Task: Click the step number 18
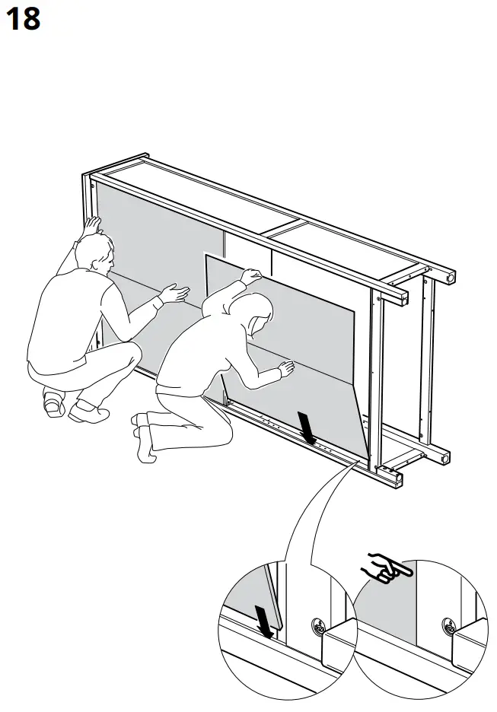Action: [23, 18]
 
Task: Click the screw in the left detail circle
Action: [317, 628]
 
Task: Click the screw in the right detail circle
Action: [449, 628]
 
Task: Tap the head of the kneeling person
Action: [251, 312]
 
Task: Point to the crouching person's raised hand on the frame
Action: [92, 225]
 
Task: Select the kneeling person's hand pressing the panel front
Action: [285, 370]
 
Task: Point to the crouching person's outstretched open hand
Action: [176, 293]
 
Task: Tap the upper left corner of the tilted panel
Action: [208, 256]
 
